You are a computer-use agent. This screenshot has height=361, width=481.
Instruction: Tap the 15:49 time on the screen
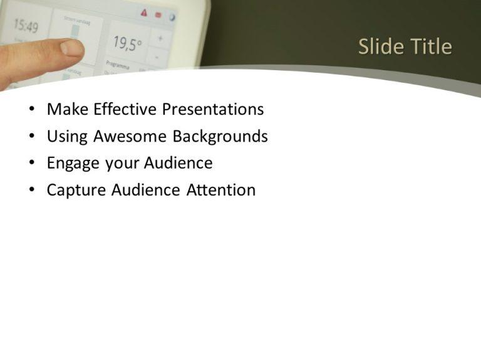tap(26, 26)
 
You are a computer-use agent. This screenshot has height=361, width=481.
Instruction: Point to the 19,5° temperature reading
tap(127, 43)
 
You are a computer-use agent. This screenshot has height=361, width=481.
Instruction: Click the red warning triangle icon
tap(143, 13)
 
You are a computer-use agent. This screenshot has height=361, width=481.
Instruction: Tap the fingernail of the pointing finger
tap(72, 47)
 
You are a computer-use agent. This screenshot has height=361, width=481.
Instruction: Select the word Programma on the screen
tap(118, 64)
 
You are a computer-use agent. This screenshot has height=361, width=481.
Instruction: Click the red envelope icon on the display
tap(158, 14)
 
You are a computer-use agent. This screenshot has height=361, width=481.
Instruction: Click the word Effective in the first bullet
tap(125, 110)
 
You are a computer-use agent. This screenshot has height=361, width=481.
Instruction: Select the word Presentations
tap(213, 110)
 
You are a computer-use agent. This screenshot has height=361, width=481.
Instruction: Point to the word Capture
tap(76, 191)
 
